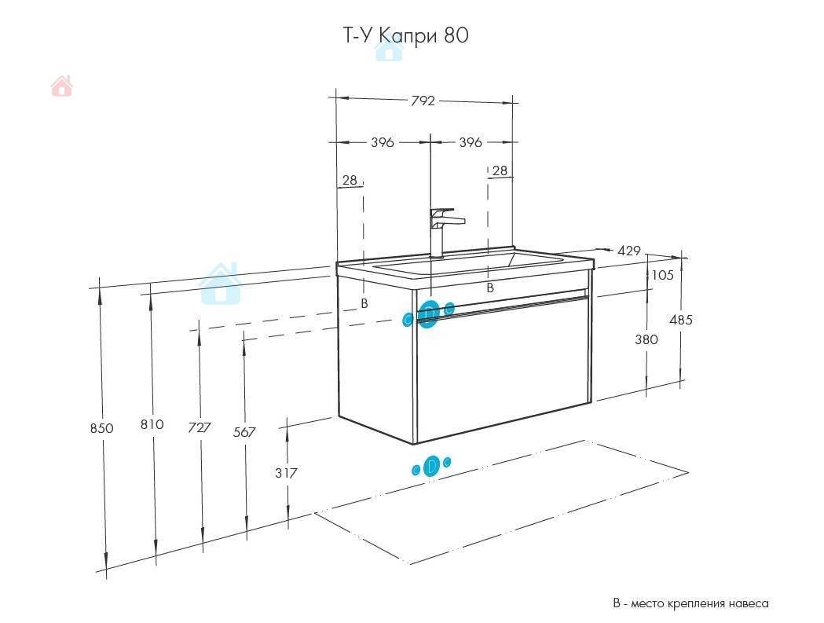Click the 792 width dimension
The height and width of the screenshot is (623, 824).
423,101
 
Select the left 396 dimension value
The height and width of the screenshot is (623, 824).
383,142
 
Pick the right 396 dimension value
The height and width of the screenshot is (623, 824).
471,142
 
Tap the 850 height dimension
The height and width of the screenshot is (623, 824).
101,428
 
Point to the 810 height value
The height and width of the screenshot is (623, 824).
152,424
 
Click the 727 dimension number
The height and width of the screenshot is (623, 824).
200,427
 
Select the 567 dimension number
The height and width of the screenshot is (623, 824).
244,432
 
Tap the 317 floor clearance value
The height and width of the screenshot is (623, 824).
286,473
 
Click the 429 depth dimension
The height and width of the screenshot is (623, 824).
628,251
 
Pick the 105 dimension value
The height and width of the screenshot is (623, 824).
662,275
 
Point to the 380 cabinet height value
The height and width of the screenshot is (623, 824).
646,339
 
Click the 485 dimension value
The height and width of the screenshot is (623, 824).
681,320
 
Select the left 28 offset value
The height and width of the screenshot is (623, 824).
350,181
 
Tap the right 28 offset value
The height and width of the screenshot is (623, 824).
500,170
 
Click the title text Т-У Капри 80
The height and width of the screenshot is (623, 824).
405,35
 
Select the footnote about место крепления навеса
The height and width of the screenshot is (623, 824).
690,603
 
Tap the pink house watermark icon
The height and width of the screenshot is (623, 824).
61,86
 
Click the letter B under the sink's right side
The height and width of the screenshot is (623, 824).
490,288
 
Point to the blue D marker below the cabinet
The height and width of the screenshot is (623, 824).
431,466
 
